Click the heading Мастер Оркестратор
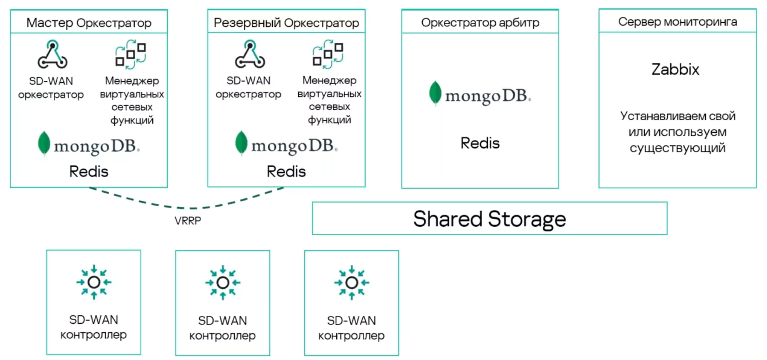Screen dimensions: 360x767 point(89,23)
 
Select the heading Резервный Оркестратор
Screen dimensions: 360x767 point(286,23)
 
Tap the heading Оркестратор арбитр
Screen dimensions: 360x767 point(480,22)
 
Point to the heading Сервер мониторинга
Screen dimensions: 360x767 point(677,21)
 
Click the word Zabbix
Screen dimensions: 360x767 point(675,69)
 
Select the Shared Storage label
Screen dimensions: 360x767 point(490,219)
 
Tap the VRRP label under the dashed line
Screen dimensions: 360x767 point(188,221)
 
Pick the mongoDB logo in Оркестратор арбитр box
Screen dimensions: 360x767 point(480,94)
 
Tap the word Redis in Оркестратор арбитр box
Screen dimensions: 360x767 point(480,143)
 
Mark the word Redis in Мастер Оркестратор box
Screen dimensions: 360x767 point(89,171)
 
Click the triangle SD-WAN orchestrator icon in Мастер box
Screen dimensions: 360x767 point(52,54)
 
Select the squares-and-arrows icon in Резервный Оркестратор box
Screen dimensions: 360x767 point(328,54)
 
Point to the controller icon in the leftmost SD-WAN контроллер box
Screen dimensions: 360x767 point(94,282)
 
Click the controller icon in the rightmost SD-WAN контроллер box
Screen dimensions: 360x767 point(352,282)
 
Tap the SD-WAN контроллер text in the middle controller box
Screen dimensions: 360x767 point(223,328)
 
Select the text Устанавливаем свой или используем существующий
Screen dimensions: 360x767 point(677,132)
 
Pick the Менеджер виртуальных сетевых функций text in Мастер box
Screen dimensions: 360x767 point(132,100)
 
